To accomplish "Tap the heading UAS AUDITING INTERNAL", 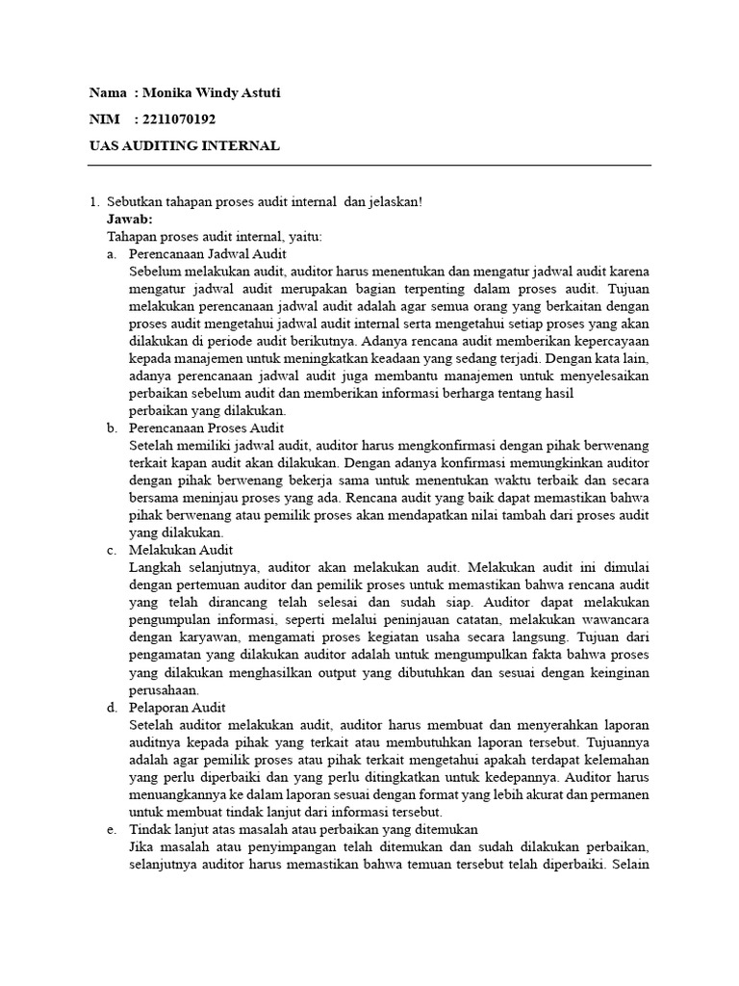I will tap(184, 145).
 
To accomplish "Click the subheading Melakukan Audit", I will tap(178, 550).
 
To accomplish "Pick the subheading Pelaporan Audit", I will tap(177, 708).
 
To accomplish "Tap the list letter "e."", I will tap(113, 829).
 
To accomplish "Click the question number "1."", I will tap(94, 201).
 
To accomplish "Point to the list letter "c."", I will tap(113, 550).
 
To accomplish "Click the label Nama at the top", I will tap(108, 93).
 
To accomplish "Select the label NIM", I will tap(104, 119).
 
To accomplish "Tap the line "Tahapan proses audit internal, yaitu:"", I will tap(215, 236).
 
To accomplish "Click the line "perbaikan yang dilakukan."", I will tap(200, 410).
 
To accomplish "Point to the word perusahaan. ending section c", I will tap(165, 689).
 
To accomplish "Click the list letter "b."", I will tap(113, 428).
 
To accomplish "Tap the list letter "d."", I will tap(113, 708).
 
